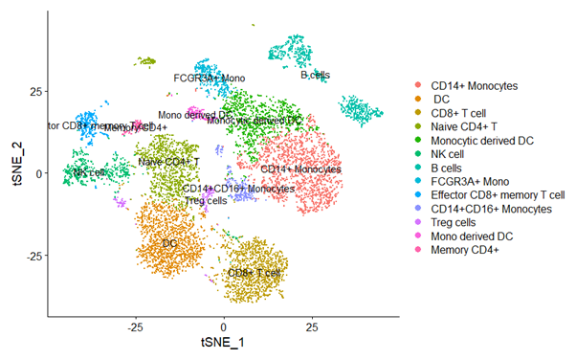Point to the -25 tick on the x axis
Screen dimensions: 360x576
136,326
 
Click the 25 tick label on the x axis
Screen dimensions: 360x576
312,326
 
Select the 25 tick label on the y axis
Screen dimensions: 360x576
34,91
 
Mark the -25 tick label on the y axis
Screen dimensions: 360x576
33,256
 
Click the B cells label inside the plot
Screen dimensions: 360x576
317,74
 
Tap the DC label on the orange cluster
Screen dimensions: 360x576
169,244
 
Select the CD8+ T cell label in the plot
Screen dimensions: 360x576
254,273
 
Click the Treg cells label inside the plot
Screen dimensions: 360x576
205,200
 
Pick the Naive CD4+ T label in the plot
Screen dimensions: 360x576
168,162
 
